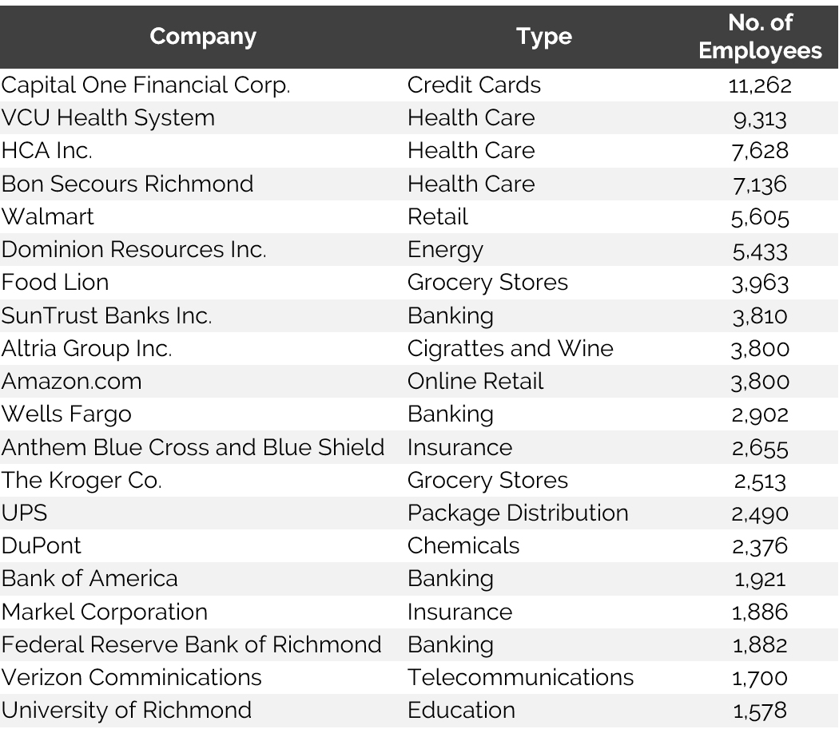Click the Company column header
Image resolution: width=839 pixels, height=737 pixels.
(203, 37)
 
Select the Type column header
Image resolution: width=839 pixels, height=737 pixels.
(543, 37)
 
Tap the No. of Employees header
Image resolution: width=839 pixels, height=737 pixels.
(759, 37)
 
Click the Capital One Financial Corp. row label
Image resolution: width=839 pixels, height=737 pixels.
(145, 85)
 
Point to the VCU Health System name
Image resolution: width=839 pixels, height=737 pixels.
(108, 118)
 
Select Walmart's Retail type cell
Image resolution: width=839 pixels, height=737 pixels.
(437, 217)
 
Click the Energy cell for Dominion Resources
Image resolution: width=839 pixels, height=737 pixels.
(445, 250)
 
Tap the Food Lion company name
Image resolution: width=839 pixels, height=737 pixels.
(55, 283)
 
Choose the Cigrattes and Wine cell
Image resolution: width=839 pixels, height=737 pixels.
(510, 349)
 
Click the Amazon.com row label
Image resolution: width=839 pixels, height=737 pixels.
(71, 382)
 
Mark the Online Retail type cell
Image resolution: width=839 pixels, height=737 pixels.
(475, 382)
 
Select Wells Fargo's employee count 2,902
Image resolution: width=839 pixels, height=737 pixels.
(759, 415)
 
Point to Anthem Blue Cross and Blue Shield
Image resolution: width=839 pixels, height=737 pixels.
(193, 447)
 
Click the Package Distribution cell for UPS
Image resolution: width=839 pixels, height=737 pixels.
(518, 513)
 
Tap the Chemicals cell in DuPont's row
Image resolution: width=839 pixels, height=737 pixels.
(463, 546)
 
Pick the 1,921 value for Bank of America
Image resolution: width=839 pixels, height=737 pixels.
(759, 580)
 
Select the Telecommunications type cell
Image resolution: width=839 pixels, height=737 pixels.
(520, 678)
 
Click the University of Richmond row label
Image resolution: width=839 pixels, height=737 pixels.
(126, 711)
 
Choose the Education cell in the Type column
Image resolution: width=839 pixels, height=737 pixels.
(461, 711)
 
